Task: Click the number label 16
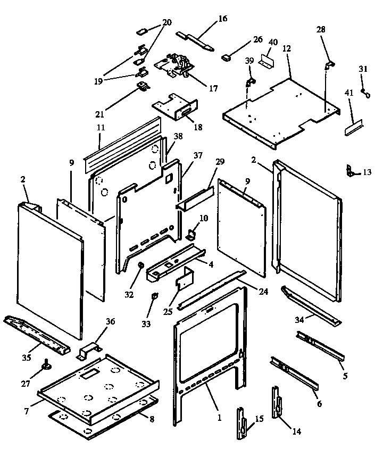pyautogui.click(x=222, y=19)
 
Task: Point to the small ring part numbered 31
pyautogui.click(x=364, y=92)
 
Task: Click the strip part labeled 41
pyautogui.click(x=354, y=128)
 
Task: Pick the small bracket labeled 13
pyautogui.click(x=349, y=171)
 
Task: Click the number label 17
pyautogui.click(x=213, y=89)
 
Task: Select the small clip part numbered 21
pyautogui.click(x=143, y=86)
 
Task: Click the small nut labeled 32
pyautogui.click(x=141, y=265)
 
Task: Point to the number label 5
pyautogui.click(x=345, y=376)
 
